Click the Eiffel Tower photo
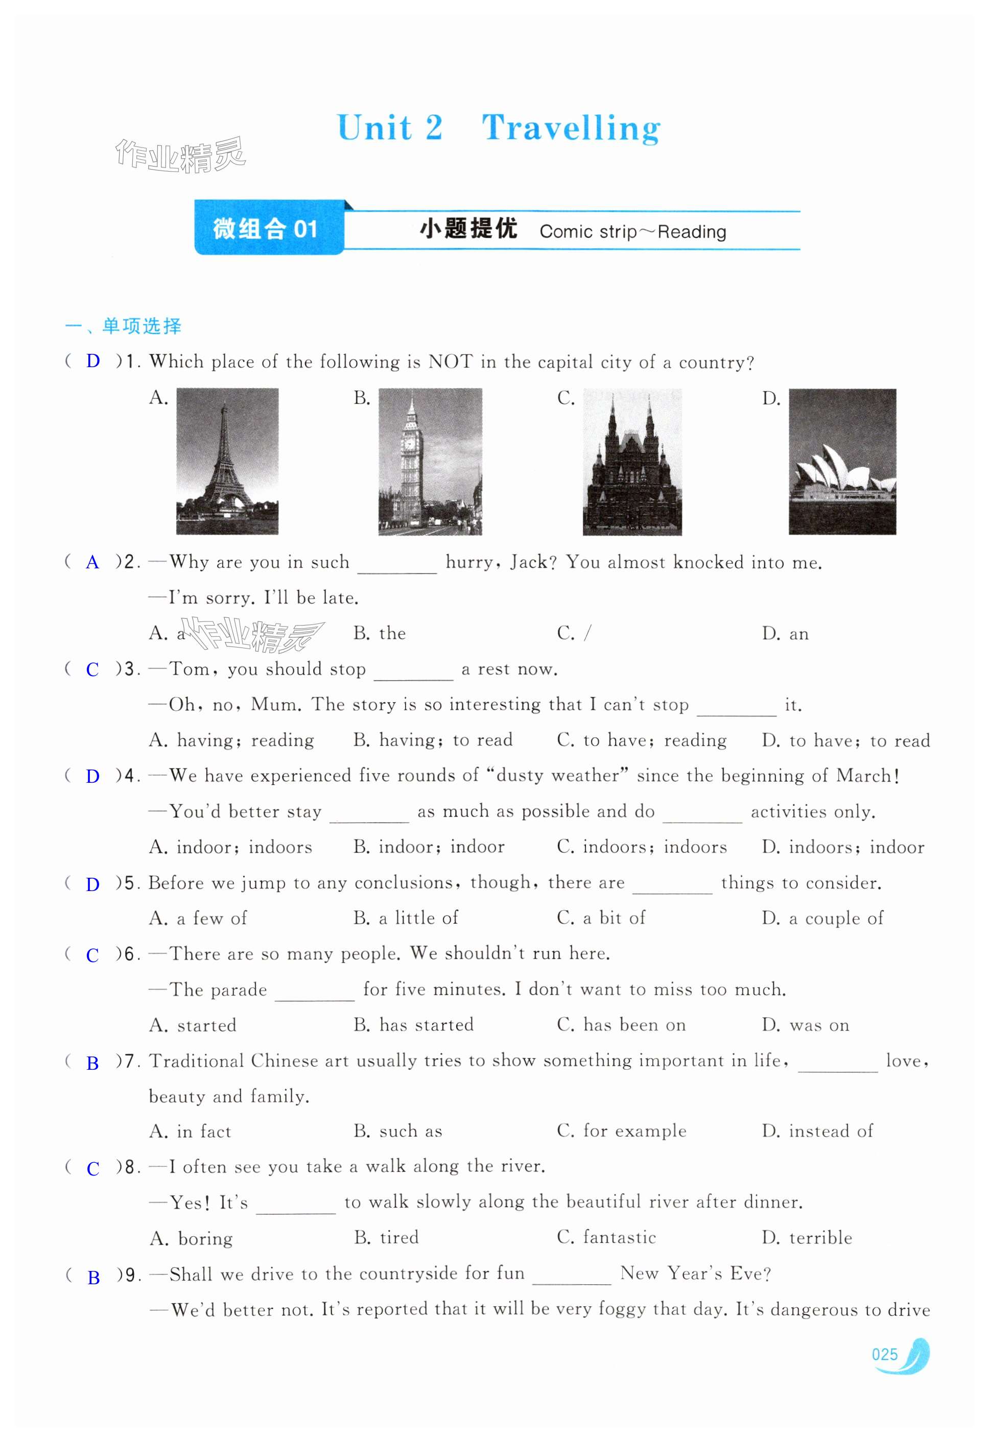click(x=227, y=461)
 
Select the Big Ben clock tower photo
click(x=430, y=461)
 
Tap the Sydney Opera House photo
click(x=841, y=461)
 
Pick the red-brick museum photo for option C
click(x=631, y=461)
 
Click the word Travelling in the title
click(x=571, y=128)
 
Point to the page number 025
click(x=884, y=1354)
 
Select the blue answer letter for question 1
click(x=93, y=361)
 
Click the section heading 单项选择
click(x=142, y=326)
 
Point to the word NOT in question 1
click(x=450, y=362)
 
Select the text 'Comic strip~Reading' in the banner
click(x=632, y=232)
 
